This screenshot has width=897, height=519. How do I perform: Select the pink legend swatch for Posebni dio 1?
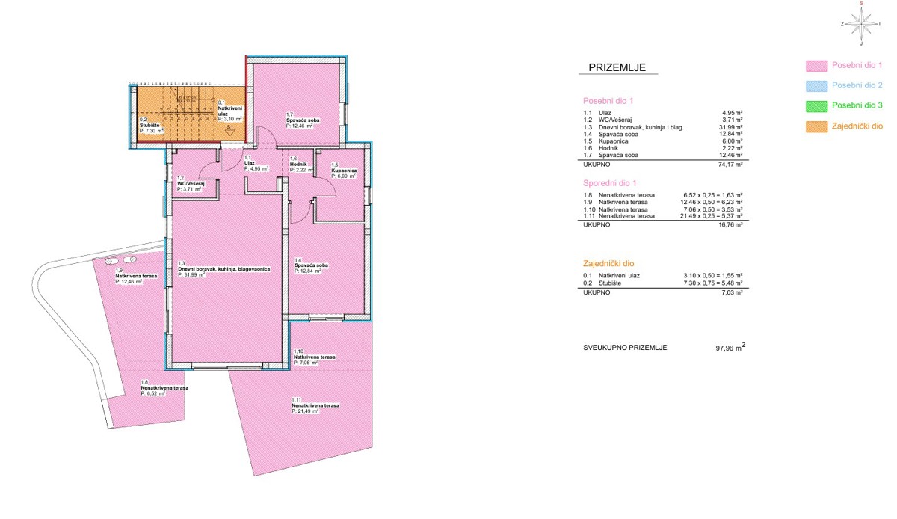[816, 66]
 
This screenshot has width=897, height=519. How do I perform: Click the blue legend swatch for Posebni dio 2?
[816, 86]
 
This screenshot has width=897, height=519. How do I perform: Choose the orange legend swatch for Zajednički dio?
[816, 126]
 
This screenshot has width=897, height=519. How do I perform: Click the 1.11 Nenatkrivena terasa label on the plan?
[315, 405]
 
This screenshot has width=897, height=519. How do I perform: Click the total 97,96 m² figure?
[729, 348]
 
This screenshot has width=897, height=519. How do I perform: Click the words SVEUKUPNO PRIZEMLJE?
[625, 348]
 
